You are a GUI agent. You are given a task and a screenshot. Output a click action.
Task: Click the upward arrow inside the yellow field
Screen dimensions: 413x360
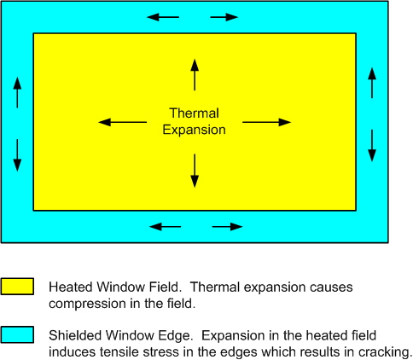(195, 75)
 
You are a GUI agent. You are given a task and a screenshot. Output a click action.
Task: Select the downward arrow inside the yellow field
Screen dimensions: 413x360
(195, 171)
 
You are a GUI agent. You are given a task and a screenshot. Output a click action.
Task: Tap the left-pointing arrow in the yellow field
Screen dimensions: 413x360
(122, 122)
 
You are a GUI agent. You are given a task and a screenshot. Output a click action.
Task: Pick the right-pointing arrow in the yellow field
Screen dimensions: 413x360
(266, 122)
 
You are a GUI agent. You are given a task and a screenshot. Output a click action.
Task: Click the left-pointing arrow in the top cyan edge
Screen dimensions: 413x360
(163, 17)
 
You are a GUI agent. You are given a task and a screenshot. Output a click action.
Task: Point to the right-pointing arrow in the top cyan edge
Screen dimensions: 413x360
(224, 17)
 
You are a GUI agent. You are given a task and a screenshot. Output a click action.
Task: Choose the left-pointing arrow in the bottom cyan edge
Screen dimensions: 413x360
(165, 227)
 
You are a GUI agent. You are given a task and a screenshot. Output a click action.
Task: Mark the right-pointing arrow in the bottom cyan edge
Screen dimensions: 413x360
(227, 227)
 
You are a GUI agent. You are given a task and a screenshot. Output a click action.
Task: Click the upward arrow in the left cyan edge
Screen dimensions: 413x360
(17, 93)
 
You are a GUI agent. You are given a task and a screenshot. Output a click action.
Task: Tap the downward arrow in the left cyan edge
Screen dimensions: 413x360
(17, 155)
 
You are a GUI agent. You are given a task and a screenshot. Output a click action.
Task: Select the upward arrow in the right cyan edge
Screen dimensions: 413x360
(372, 83)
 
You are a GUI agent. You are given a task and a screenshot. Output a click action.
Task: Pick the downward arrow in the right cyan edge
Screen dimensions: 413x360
(372, 146)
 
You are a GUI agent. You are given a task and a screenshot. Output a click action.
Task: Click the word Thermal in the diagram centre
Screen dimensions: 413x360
(195, 113)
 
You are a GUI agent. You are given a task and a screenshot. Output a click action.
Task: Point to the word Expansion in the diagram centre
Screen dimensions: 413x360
(195, 130)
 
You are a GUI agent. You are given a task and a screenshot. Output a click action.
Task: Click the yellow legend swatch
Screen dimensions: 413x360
(17, 287)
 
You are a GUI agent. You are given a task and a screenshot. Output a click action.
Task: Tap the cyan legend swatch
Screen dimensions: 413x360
(17, 334)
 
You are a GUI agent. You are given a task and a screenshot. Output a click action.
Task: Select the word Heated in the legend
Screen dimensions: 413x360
(71, 287)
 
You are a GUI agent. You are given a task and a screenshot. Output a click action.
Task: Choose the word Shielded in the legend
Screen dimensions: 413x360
(75, 335)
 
